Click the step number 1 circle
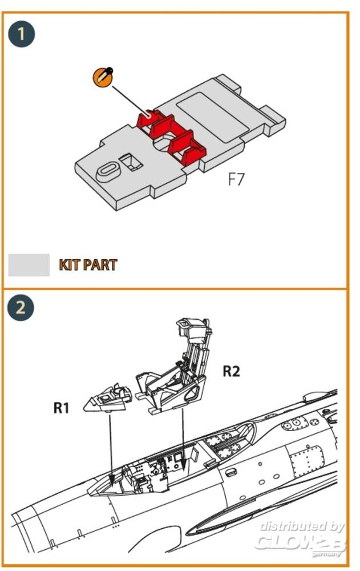tap(22, 34)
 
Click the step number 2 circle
tap(22, 308)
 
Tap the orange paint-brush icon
tap(103, 78)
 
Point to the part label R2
tap(231, 372)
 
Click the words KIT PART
tap(88, 265)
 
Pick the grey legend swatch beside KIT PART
tap(29, 265)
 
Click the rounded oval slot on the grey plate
tap(107, 170)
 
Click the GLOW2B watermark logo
tap(299, 542)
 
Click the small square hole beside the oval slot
tap(133, 162)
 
